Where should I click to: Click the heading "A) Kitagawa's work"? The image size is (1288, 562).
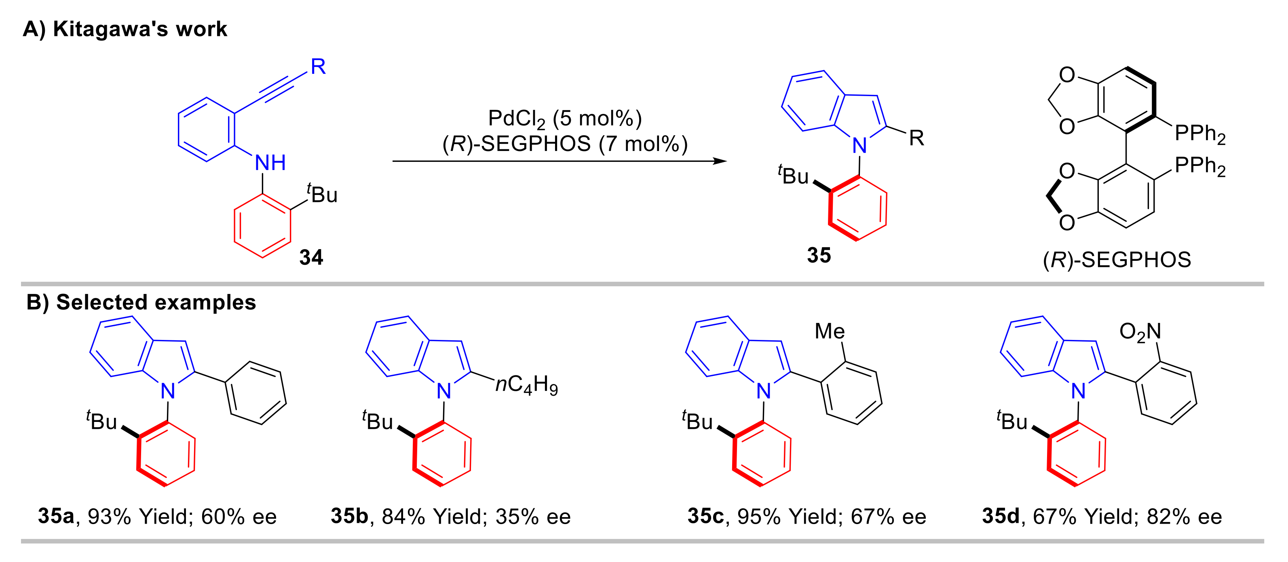click(x=125, y=29)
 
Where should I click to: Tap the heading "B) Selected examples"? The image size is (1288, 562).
click(x=141, y=302)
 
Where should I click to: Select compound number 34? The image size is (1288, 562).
click(x=311, y=257)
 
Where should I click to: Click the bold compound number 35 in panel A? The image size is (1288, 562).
click(x=819, y=255)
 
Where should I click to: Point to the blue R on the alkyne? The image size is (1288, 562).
click(x=318, y=67)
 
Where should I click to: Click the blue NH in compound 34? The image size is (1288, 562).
click(x=270, y=163)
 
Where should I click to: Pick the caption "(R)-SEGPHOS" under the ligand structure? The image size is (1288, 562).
click(x=1117, y=260)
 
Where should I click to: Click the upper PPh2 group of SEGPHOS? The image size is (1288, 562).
click(x=1200, y=133)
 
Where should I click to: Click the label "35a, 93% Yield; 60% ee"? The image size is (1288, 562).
click(x=157, y=516)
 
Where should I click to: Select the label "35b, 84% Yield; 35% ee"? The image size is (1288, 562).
click(x=450, y=516)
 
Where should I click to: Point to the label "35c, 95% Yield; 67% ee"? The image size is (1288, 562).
click(x=807, y=516)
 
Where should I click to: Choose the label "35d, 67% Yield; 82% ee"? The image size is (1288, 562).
click(x=1102, y=516)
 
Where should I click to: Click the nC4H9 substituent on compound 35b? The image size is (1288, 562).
click(x=526, y=385)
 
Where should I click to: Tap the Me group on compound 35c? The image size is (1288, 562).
click(x=830, y=331)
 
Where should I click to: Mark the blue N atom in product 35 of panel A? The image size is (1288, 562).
click(x=859, y=146)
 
